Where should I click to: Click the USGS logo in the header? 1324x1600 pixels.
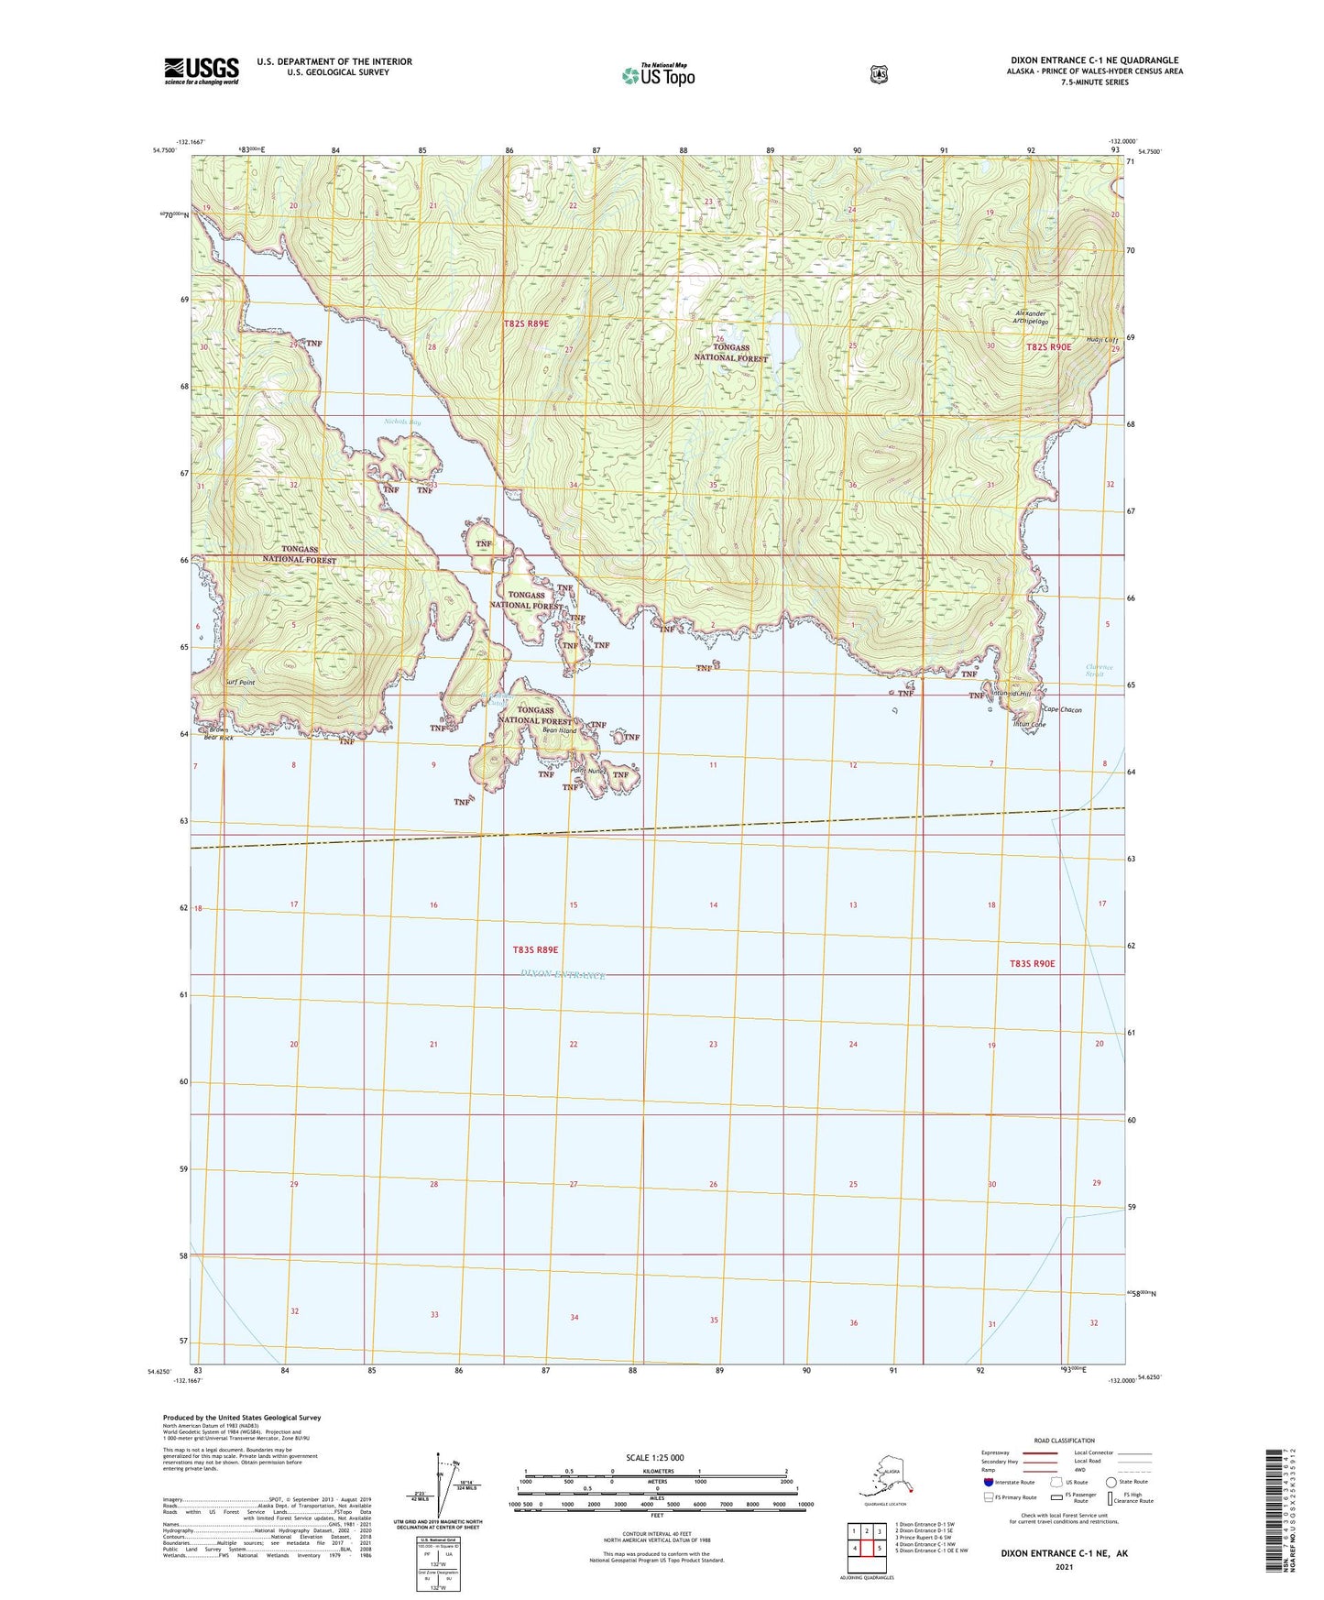pos(202,71)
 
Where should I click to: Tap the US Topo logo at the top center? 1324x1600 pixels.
pos(657,75)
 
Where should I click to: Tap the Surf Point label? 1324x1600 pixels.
pos(238,683)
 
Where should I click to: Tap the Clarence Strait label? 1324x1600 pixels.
pos(1099,671)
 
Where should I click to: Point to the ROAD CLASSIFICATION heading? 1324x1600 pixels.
pos(1064,1441)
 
